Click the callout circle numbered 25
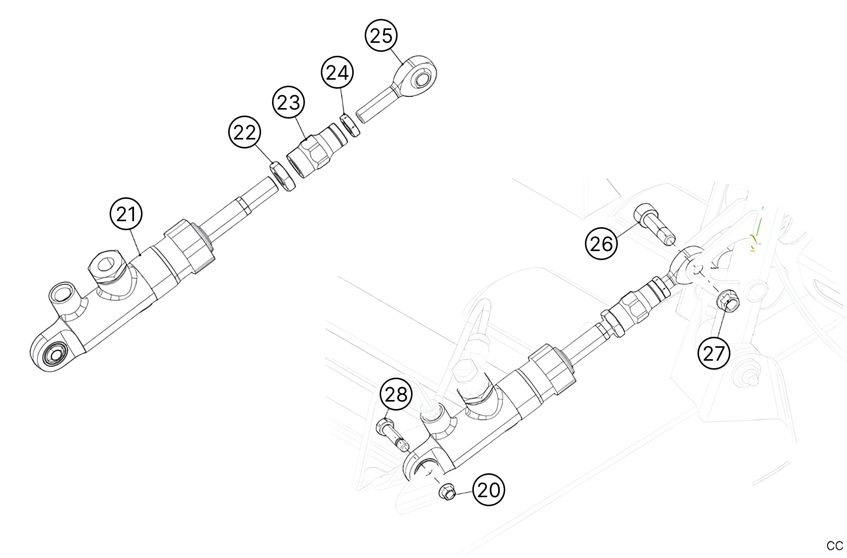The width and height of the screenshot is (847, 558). (382, 36)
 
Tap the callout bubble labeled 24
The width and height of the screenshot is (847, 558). (337, 73)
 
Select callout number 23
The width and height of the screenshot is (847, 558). (289, 103)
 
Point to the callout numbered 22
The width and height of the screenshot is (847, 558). (245, 133)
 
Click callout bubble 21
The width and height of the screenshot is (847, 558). (126, 214)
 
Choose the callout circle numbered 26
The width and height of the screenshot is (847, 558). (601, 244)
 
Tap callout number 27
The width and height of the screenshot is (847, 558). (714, 353)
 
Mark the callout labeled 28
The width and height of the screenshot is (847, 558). (397, 395)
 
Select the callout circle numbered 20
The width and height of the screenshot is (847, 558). (488, 490)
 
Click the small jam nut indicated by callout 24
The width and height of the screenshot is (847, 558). (350, 126)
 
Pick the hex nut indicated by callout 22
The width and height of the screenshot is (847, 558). (283, 176)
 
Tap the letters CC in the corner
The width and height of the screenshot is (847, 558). (835, 545)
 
